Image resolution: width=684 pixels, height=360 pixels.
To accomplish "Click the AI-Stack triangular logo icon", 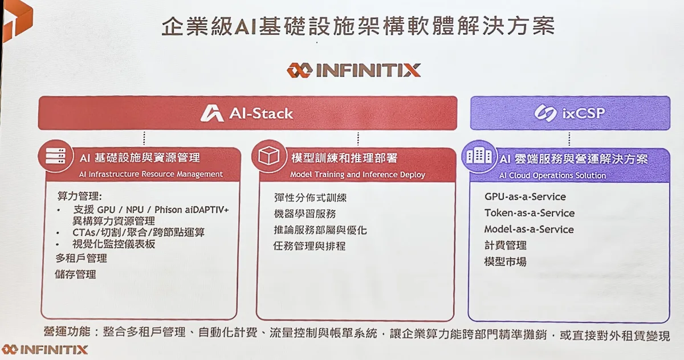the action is click(x=212, y=113).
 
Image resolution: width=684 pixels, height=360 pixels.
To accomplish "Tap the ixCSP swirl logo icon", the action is click(x=545, y=113).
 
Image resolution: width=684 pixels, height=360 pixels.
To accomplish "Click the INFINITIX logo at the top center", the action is click(x=353, y=70).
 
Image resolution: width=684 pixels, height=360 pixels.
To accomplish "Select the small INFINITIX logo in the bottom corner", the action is click(x=44, y=349).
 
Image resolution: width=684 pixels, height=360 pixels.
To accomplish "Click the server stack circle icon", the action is click(x=56, y=156).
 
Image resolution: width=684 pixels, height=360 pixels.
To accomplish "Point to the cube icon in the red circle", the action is click(x=268, y=156).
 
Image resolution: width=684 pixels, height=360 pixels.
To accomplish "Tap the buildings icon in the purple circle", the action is click(x=479, y=157).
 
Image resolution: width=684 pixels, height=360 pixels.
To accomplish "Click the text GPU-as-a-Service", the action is click(x=525, y=197).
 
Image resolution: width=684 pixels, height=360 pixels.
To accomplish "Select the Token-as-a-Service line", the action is click(x=530, y=213).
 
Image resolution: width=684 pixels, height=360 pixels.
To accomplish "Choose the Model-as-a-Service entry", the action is click(x=529, y=229).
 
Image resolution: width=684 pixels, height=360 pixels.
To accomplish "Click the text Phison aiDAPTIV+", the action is click(x=192, y=210).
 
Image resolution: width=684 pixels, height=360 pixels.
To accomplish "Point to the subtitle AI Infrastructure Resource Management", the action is click(x=151, y=174).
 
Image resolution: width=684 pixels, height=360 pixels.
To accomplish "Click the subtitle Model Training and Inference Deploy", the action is click(x=357, y=174).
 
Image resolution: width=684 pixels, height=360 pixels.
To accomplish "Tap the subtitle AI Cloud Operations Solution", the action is click(x=553, y=175).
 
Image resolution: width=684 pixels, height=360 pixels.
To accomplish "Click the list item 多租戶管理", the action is click(x=81, y=258).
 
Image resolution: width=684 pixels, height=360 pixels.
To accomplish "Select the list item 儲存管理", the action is click(x=75, y=274).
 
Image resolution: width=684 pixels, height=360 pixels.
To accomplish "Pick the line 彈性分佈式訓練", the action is click(x=310, y=198).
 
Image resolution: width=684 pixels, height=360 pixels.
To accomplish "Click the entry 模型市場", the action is click(x=506, y=261).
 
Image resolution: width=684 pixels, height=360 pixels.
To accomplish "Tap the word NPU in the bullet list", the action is click(x=135, y=210).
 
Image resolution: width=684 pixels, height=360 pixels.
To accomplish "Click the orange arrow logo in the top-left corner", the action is click(x=17, y=20).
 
